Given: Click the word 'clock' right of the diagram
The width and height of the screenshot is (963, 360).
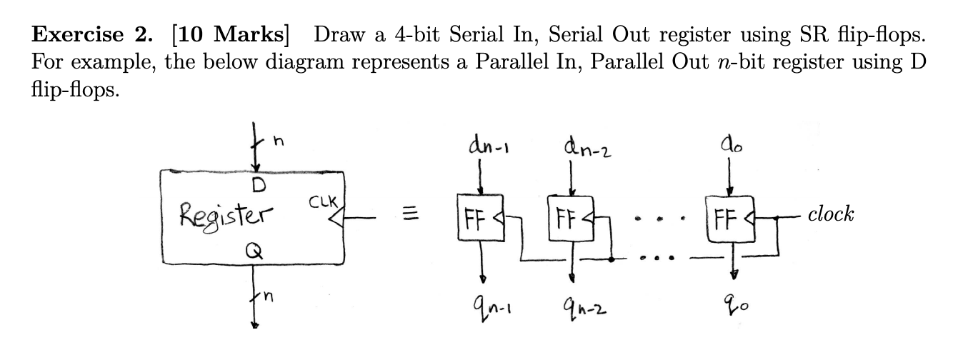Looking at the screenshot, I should pos(831,214).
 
